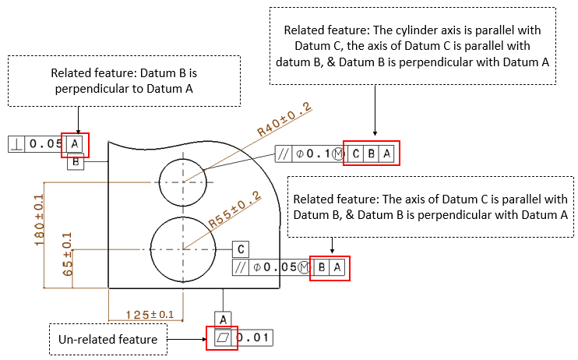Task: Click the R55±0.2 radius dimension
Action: point(235,211)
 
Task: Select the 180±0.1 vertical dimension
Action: point(38,221)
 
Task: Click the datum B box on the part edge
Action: point(76,162)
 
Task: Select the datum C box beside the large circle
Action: point(241,249)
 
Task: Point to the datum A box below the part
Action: point(224,319)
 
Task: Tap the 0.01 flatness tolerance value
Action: point(256,338)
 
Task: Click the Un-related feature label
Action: point(107,340)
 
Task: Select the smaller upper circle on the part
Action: point(183,181)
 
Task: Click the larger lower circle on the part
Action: point(184,249)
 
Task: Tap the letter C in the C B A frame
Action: point(357,154)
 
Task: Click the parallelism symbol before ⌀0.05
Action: point(241,268)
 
